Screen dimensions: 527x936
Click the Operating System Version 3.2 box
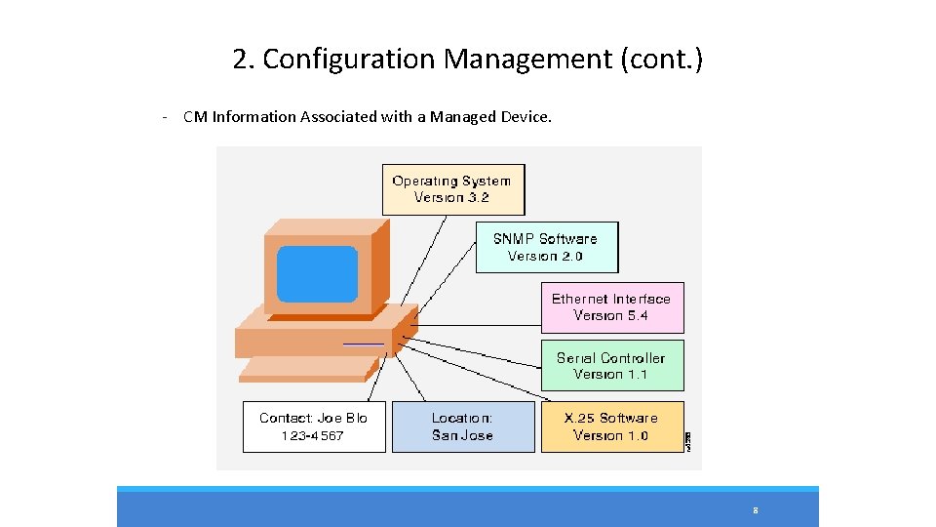pos(452,189)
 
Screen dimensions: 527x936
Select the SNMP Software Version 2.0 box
pos(546,247)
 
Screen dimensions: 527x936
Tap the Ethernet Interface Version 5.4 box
pos(612,307)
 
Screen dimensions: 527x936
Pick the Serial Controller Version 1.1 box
pos(612,366)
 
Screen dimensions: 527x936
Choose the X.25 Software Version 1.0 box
pos(612,426)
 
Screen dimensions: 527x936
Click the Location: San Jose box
pos(463,426)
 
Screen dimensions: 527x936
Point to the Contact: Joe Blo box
pos(314,426)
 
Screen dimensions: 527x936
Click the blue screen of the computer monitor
pos(317,273)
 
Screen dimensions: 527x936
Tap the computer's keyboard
pos(308,368)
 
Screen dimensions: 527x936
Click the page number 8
pos(756,510)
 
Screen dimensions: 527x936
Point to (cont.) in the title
pos(661,60)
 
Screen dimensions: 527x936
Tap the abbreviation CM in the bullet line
pos(196,117)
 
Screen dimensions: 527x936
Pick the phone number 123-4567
pos(313,436)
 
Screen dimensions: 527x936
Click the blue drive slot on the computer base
pos(363,344)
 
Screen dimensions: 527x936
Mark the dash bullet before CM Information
pos(167,117)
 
